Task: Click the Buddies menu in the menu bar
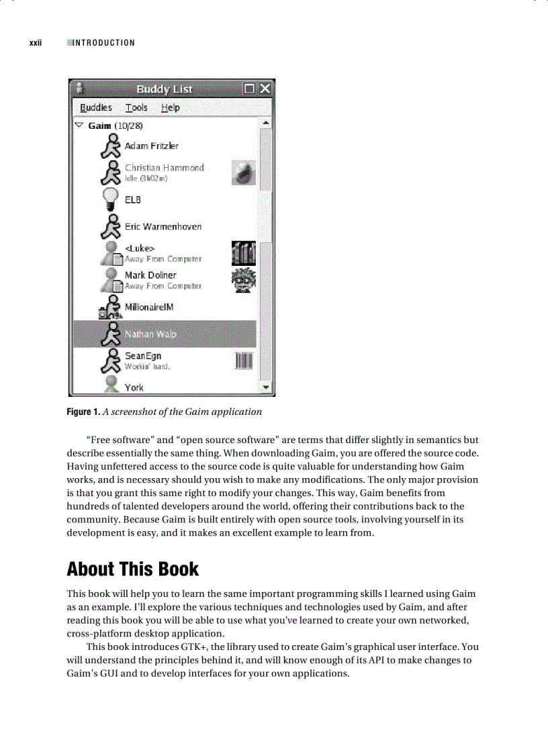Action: click(x=96, y=107)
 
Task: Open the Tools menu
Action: click(x=136, y=107)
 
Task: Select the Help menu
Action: click(x=170, y=107)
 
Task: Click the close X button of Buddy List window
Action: click(x=265, y=89)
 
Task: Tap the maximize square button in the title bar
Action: click(x=250, y=89)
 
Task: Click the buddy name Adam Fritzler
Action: click(x=152, y=146)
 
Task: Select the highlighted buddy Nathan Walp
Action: click(x=150, y=334)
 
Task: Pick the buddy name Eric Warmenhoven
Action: click(x=163, y=226)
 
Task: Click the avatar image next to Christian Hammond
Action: click(x=243, y=173)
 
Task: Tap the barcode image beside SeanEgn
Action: click(x=243, y=361)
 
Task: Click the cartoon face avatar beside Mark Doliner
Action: click(x=243, y=280)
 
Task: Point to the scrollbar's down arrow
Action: click(x=266, y=387)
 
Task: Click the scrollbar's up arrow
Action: click(x=266, y=124)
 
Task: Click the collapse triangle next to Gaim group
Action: click(x=79, y=126)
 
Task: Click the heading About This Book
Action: click(x=133, y=569)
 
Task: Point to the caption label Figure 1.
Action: click(x=85, y=412)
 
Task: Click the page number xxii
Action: click(x=36, y=43)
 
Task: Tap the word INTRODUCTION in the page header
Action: click(x=103, y=43)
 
